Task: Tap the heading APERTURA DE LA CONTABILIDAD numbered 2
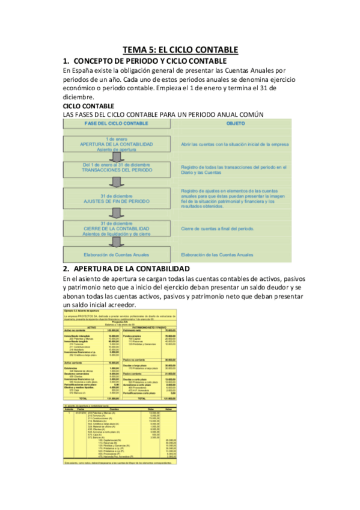coord(130,268)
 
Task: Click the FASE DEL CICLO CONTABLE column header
coord(117,123)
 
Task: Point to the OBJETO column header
coord(235,123)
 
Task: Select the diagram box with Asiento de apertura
coord(117,145)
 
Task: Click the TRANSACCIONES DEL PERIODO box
coord(117,168)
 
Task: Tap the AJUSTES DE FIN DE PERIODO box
coord(117,198)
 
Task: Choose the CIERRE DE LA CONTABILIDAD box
coord(117,229)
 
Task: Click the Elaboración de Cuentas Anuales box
coord(117,255)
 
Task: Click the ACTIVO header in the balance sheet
coord(92,327)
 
